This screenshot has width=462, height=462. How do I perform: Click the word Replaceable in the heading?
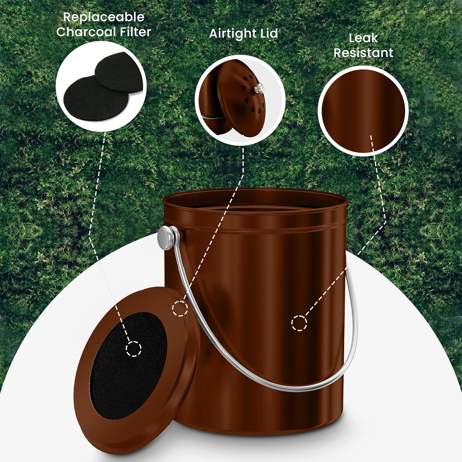pos(104,18)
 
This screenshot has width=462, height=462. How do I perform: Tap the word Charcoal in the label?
pos(86,32)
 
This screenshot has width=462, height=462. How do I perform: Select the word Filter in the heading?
pos(134,32)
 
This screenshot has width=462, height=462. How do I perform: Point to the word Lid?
pos(269,34)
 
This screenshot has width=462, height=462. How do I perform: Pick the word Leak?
pos(363,38)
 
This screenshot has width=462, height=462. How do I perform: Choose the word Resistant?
pos(363,53)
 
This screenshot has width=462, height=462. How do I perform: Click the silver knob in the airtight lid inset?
pos(259,87)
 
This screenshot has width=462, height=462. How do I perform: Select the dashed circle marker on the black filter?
pos(133,348)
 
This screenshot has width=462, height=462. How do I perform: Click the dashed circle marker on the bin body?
pos(299,323)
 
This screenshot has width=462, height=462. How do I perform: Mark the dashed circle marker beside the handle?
pos(180,309)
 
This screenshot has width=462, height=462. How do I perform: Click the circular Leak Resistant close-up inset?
pos(363,110)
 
